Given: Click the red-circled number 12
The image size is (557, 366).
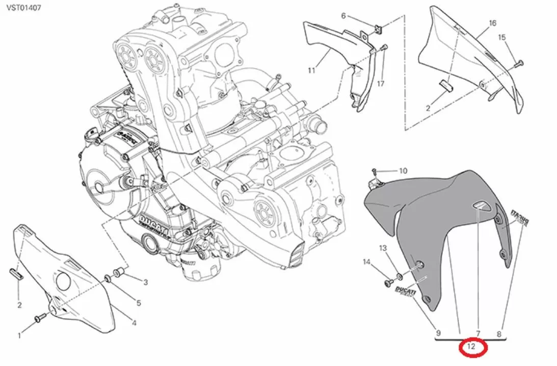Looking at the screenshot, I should [473, 348].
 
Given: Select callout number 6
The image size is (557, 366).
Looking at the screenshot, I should [343, 16].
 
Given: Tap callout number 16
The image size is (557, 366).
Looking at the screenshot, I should [492, 23].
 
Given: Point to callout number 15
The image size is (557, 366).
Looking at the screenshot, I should [501, 37].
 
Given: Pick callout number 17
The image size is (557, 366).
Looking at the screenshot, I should [380, 84].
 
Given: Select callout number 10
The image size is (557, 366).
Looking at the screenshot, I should [403, 171].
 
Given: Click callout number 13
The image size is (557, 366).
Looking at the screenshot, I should [383, 248].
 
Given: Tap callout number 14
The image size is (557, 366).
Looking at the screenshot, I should [366, 262].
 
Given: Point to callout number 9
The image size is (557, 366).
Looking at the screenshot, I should [438, 334].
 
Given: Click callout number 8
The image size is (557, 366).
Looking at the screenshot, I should [499, 334].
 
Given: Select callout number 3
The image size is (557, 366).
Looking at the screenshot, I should [145, 282].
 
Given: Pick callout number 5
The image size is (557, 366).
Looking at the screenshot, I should [138, 303].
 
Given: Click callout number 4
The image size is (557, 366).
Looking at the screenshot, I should [134, 323].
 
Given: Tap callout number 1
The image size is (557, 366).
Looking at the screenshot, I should [19, 335].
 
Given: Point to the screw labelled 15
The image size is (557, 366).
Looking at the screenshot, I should [519, 63].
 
